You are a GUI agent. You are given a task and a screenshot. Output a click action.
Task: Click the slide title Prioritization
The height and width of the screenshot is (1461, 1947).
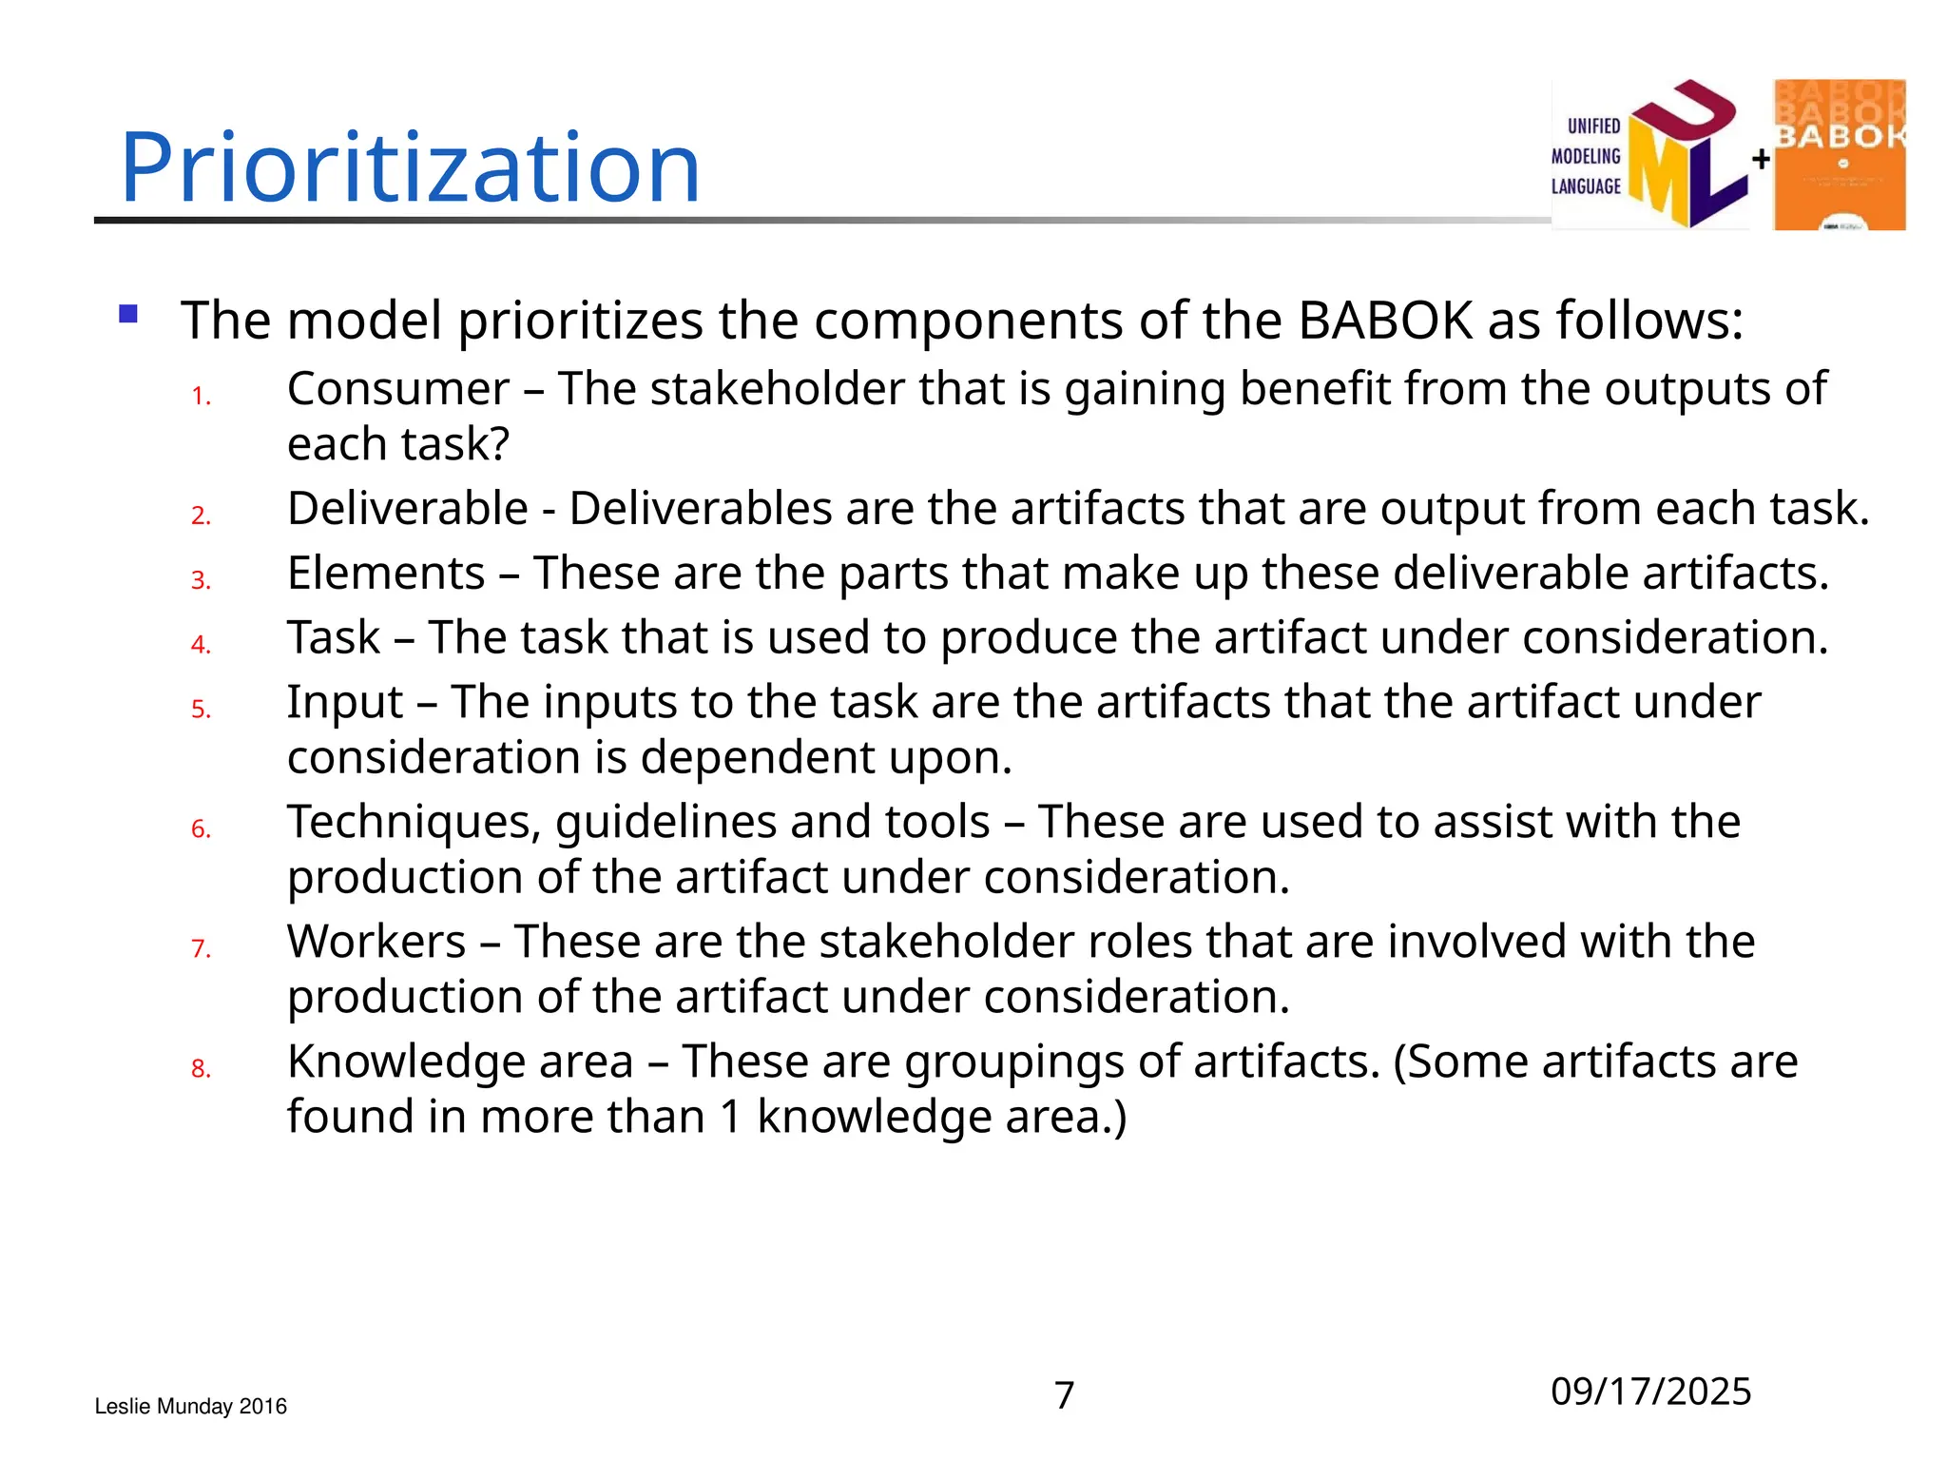[410, 167]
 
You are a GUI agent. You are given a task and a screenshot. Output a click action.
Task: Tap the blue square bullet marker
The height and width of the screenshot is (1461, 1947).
[128, 314]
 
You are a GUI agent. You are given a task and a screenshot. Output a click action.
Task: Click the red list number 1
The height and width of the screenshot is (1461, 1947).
[201, 396]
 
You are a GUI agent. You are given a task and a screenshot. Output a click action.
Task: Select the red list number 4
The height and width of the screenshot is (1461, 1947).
[201, 645]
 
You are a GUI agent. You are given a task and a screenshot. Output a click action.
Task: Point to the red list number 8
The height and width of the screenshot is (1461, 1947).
[201, 1069]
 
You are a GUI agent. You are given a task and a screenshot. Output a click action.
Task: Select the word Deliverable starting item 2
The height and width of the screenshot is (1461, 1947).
[407, 509]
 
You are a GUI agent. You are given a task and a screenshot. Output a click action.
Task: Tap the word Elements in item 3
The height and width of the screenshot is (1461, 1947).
[386, 574]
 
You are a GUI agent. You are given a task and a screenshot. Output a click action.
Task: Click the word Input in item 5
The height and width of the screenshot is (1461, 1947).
[345, 703]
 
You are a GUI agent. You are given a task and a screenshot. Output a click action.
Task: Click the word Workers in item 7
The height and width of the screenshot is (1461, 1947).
[376, 942]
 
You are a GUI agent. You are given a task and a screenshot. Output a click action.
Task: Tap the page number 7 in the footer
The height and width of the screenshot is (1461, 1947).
[1064, 1395]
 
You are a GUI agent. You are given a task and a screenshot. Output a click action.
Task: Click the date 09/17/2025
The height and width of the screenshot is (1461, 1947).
[1650, 1392]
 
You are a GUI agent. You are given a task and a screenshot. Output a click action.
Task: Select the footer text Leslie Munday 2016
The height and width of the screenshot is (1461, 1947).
[190, 1406]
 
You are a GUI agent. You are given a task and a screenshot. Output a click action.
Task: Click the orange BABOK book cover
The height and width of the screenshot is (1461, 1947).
[1839, 155]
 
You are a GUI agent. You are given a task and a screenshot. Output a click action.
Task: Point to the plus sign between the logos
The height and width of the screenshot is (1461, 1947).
[1761, 159]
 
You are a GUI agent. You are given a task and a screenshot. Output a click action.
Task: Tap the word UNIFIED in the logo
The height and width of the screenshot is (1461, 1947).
[1593, 126]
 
